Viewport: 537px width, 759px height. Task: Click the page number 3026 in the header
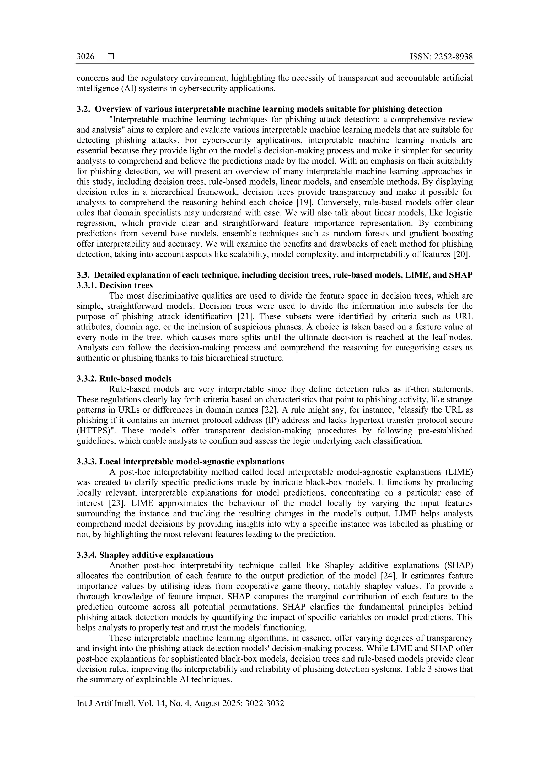point(85,57)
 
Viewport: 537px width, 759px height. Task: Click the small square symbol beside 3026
point(111,57)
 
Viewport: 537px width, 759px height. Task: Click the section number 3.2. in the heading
point(84,109)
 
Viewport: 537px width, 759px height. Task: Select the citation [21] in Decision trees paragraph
point(246,316)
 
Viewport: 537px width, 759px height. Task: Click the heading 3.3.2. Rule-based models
point(124,378)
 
